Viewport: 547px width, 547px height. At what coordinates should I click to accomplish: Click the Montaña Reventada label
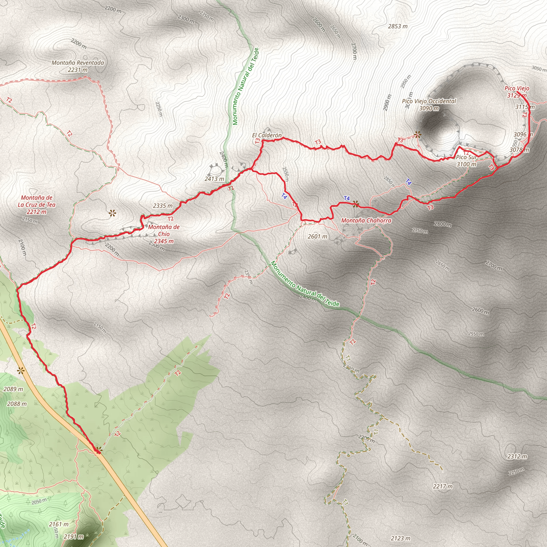coord(77,66)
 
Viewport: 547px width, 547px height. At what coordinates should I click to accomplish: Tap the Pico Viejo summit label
coord(517,92)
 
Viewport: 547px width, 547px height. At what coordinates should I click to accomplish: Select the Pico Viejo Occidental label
coord(429,104)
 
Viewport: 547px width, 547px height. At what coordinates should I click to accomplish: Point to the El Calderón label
coord(267,135)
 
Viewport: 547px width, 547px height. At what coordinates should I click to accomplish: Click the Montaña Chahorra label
coord(366,220)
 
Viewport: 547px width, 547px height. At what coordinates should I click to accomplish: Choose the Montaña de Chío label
coord(164,234)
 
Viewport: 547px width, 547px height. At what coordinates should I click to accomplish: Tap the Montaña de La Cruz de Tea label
coord(37,205)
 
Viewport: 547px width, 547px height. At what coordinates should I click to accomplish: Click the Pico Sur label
coord(466,161)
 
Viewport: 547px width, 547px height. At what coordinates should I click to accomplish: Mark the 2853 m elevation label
coord(397,26)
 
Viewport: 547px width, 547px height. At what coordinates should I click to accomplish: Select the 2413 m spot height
coord(214,179)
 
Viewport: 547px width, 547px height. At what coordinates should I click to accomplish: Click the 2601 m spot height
coord(317,236)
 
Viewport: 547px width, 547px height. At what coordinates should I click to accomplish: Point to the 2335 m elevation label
coord(162,206)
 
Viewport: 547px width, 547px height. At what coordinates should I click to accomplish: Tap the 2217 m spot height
coord(443,486)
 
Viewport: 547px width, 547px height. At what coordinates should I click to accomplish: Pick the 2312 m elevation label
coord(517,456)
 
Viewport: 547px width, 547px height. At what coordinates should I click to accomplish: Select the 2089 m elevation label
coord(13,389)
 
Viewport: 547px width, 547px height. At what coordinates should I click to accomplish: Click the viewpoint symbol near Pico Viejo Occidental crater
coord(417,135)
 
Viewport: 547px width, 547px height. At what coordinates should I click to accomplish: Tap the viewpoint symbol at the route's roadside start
coord(98,449)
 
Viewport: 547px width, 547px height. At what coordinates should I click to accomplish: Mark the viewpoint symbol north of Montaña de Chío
coord(112,213)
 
